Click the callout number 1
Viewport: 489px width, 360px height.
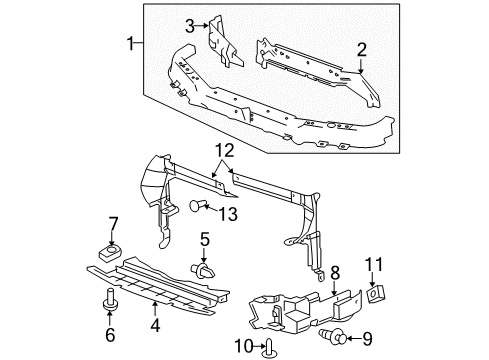click(129, 43)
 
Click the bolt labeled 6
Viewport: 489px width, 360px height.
click(108, 298)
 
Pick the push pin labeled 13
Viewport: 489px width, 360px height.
click(197, 208)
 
